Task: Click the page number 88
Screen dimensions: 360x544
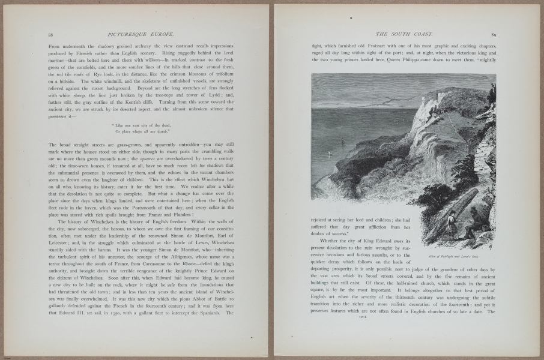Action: tap(51, 35)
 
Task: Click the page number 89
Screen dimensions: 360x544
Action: tap(493, 35)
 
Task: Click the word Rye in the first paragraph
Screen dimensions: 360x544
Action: tap(110, 71)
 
